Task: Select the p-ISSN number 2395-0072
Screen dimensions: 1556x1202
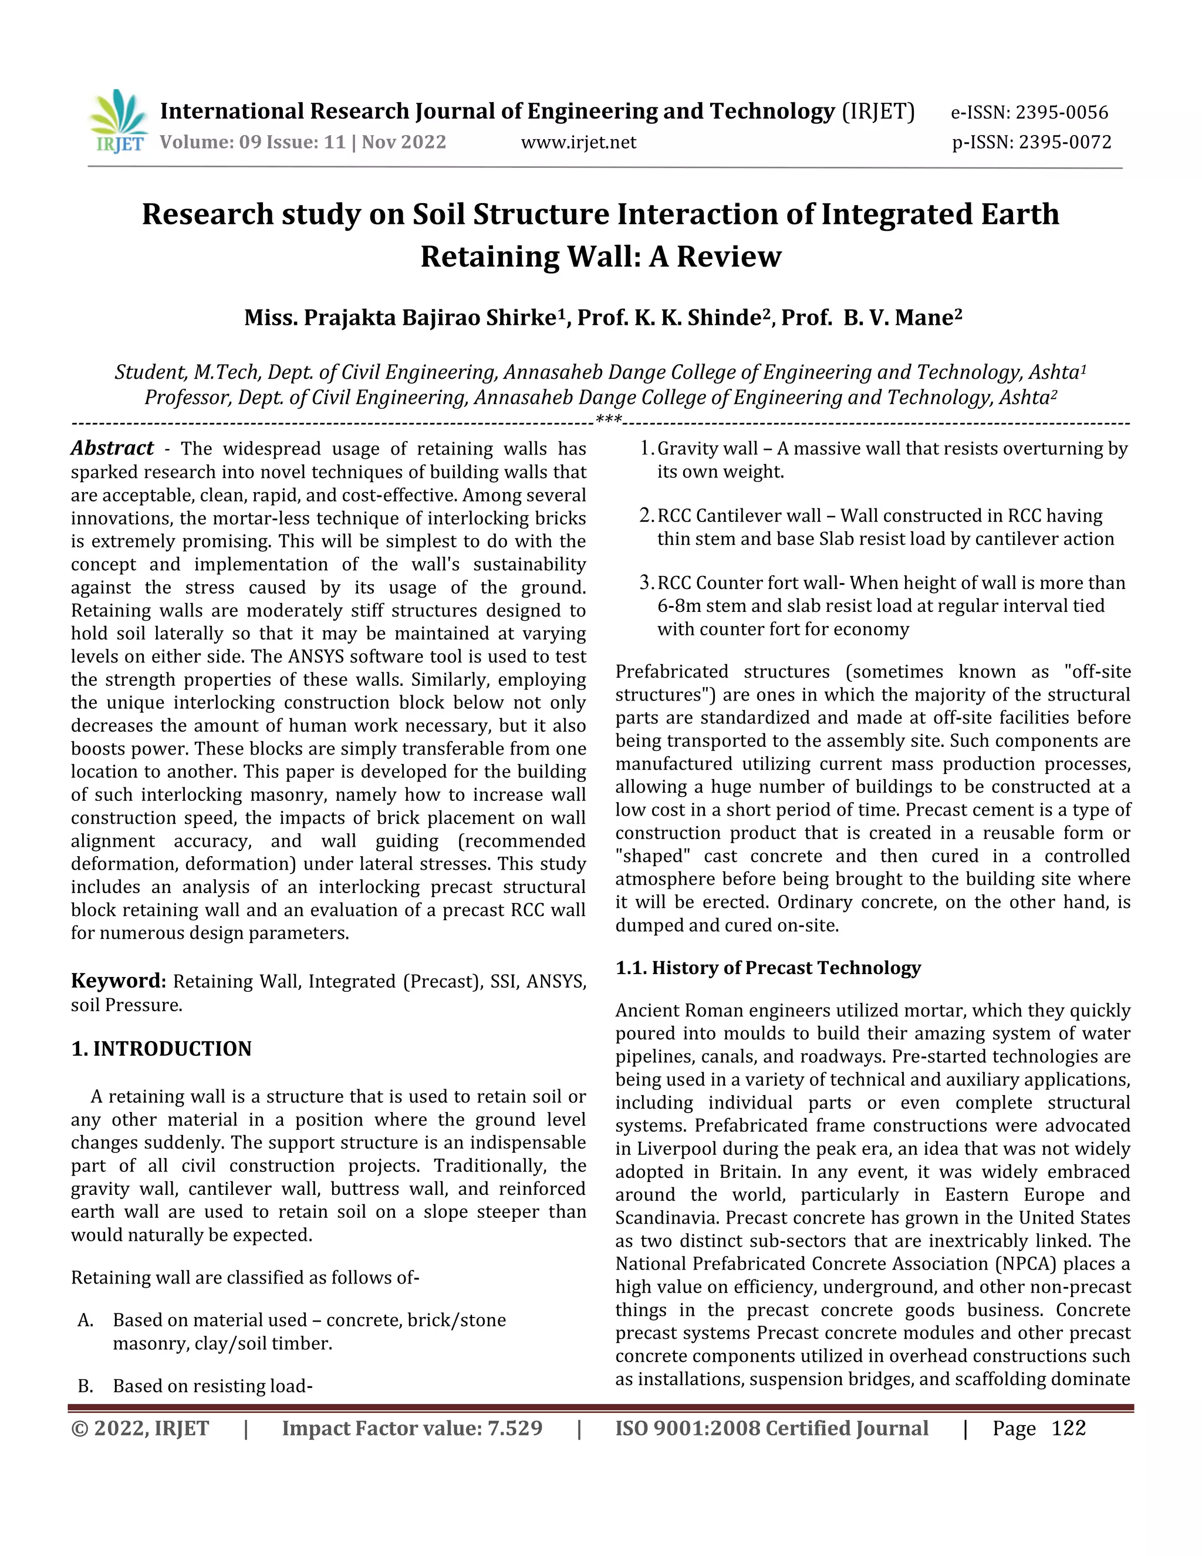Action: pyautogui.click(x=1065, y=143)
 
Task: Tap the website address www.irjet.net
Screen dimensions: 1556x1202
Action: pyautogui.click(x=578, y=143)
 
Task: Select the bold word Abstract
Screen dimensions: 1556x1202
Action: pyautogui.click(x=112, y=448)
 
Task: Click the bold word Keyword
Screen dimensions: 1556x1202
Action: pyautogui.click(x=118, y=981)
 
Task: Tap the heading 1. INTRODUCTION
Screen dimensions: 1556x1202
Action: pyautogui.click(x=161, y=1049)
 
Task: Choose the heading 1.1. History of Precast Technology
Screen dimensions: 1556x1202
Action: pyautogui.click(x=768, y=968)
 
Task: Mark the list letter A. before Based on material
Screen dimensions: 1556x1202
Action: pyautogui.click(x=86, y=1320)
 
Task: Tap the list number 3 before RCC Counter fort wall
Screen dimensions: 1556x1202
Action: pyautogui.click(x=645, y=583)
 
